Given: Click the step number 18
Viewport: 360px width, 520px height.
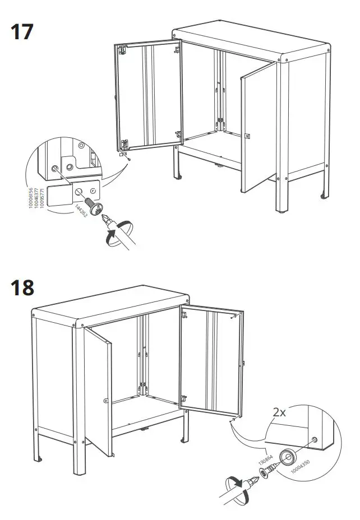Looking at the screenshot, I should click(x=23, y=288).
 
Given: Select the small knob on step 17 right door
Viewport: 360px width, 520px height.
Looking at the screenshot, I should click(x=247, y=135).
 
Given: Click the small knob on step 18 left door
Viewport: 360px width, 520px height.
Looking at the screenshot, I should click(x=105, y=400).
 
